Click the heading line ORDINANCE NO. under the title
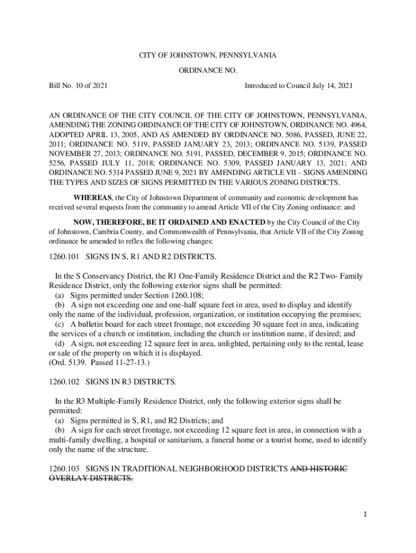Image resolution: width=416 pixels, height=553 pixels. tap(207, 70)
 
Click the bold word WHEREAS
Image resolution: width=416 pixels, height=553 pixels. tap(93, 197)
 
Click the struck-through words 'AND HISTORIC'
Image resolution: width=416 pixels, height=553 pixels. tap(319, 468)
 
